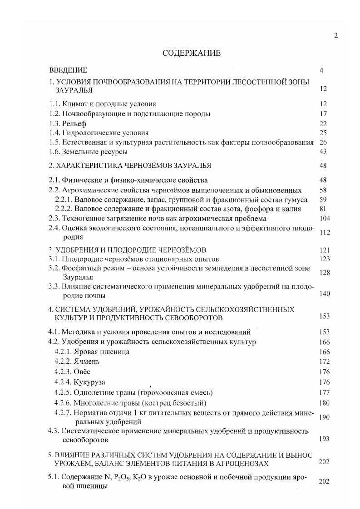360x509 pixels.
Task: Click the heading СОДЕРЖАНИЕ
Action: [x=191, y=53]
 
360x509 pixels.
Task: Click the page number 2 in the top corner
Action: [x=335, y=36]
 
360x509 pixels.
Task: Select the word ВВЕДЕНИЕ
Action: [x=68, y=70]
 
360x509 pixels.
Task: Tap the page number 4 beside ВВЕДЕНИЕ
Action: [x=321, y=70]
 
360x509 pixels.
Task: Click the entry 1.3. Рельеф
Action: [x=67, y=123]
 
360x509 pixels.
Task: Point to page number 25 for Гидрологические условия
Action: [x=323, y=133]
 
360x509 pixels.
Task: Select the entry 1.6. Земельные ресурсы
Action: [x=88, y=152]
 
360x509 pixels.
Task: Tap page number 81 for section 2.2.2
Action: [x=323, y=209]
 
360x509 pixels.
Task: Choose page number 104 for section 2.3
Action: [x=325, y=218]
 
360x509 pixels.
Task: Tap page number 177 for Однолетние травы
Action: [x=325, y=392]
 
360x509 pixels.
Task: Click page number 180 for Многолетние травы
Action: [x=325, y=402]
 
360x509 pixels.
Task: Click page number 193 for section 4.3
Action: [x=324, y=439]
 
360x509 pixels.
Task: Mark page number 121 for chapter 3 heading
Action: [x=325, y=250]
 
